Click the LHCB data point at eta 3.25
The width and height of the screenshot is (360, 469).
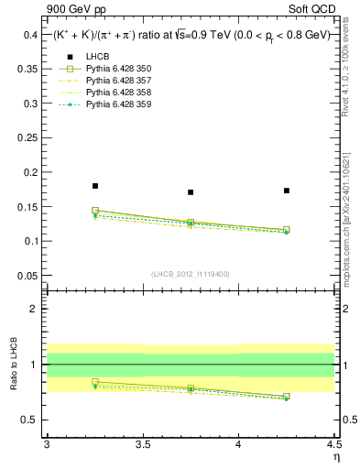click(x=94, y=186)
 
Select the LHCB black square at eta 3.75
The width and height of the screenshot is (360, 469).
click(x=191, y=192)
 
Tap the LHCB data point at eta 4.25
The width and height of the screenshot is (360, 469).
click(x=287, y=191)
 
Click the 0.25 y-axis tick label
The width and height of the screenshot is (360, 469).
click(x=27, y=137)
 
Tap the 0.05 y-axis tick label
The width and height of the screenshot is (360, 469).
click(x=27, y=275)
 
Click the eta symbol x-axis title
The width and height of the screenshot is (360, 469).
click(x=335, y=457)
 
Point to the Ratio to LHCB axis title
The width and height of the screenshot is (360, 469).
click(x=13, y=366)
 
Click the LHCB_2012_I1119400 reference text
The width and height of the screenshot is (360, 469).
click(x=191, y=274)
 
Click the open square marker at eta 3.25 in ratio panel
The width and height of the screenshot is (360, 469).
click(x=94, y=382)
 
